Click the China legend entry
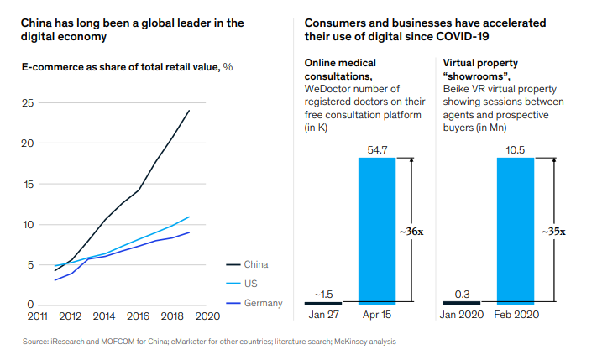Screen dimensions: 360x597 257,265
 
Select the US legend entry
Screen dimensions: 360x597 252,284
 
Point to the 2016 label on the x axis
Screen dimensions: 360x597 138,316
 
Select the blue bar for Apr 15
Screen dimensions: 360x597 377,230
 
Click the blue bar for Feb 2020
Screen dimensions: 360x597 516,230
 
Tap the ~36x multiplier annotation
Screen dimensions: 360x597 423,231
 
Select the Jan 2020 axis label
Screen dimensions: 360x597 461,316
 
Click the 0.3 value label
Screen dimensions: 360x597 461,294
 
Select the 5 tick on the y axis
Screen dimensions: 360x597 30,264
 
